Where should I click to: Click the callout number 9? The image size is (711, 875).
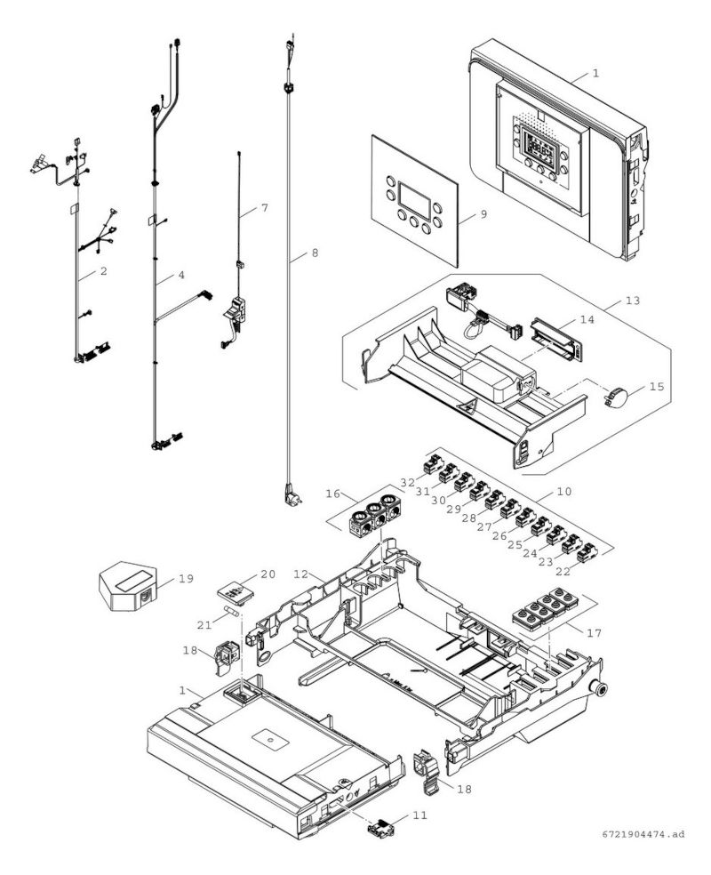[483, 213]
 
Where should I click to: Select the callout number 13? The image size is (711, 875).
[633, 301]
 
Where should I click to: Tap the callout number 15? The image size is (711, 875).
[657, 386]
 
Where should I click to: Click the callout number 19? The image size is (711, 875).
[187, 579]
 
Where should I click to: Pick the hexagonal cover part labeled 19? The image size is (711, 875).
[128, 587]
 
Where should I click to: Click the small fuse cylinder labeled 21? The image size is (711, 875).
[231, 611]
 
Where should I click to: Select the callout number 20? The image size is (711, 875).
[268, 574]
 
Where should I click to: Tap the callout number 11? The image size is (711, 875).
[419, 815]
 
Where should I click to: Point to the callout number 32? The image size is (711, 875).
[408, 482]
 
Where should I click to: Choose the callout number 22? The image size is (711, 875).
[563, 572]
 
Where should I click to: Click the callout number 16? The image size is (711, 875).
[333, 494]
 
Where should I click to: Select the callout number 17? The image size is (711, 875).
[594, 633]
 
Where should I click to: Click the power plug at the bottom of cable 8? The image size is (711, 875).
[292, 494]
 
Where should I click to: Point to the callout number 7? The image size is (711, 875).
[264, 207]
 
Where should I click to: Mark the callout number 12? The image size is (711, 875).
[301, 574]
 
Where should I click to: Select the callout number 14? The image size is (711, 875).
[587, 320]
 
